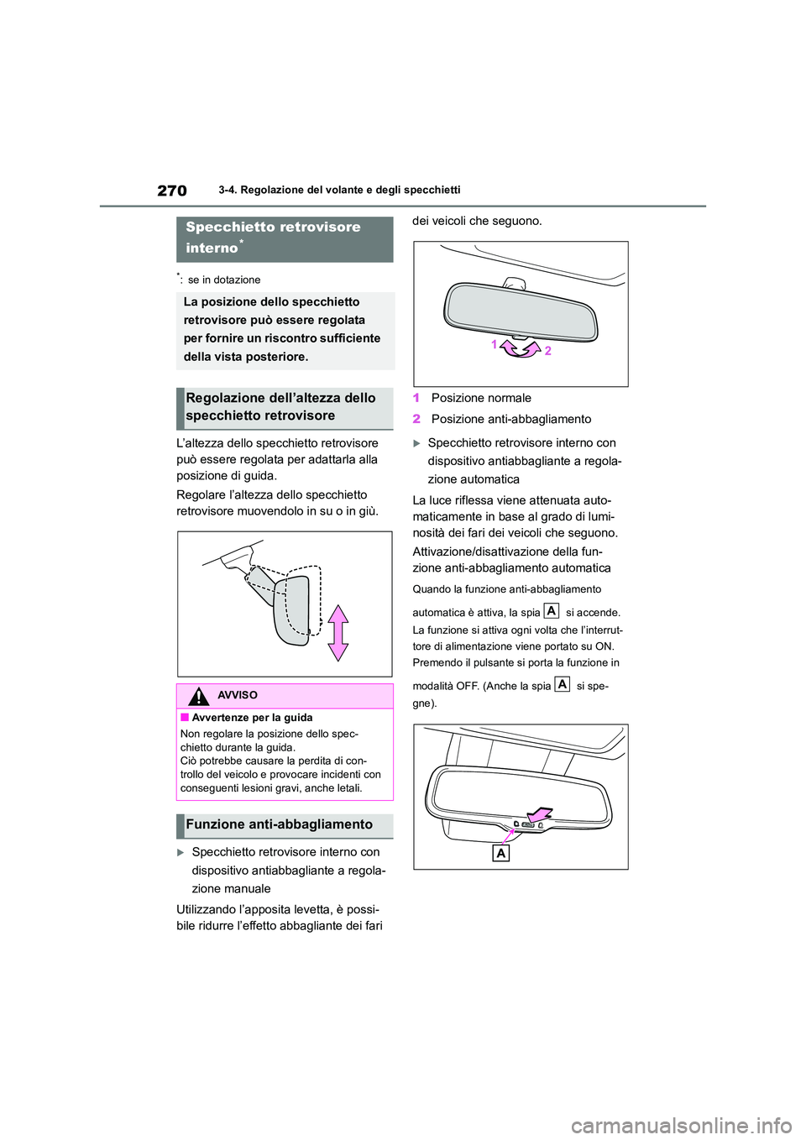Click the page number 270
tap(172, 191)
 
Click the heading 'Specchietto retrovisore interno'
tap(273, 238)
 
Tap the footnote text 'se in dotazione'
tap(223, 280)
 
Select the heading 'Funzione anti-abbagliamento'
tap(279, 824)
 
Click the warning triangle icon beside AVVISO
tap(199, 696)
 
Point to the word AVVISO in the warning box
tap(238, 695)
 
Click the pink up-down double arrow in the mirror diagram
tap(338, 633)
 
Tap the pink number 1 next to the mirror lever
tap(495, 344)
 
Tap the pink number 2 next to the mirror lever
tap(548, 351)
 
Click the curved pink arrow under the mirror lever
tap(521, 348)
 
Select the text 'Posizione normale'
tap(481, 398)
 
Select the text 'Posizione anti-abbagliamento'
tap(510, 419)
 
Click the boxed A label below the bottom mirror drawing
tap(501, 853)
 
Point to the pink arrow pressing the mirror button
tap(539, 813)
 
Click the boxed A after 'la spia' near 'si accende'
tap(552, 611)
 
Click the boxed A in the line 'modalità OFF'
tap(563, 684)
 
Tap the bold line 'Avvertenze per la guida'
tap(252, 718)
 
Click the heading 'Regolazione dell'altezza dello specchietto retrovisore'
tap(280, 407)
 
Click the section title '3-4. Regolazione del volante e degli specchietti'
tap(339, 190)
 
